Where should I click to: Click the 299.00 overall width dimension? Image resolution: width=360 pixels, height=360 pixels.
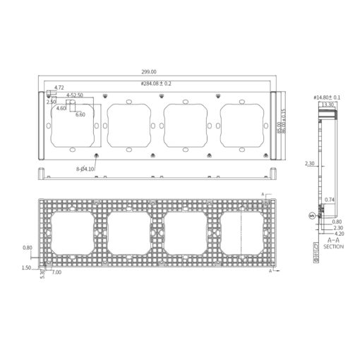[x=149, y=72]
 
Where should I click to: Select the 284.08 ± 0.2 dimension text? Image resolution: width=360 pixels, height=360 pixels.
[x=157, y=83]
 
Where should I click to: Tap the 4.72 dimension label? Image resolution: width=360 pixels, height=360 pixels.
[x=59, y=88]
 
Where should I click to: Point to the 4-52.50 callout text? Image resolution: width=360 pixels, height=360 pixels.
[x=75, y=95]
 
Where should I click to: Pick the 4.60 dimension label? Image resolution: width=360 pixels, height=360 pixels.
[x=61, y=108]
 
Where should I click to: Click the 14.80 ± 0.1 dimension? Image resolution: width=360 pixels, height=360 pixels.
[x=326, y=97]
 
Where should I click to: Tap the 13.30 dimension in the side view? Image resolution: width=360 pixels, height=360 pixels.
[x=328, y=104]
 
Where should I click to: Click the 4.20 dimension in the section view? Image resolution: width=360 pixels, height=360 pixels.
[x=328, y=234]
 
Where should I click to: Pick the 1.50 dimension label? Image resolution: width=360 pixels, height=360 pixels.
[x=27, y=268]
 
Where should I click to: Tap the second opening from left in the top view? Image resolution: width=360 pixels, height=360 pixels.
[x=128, y=124]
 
